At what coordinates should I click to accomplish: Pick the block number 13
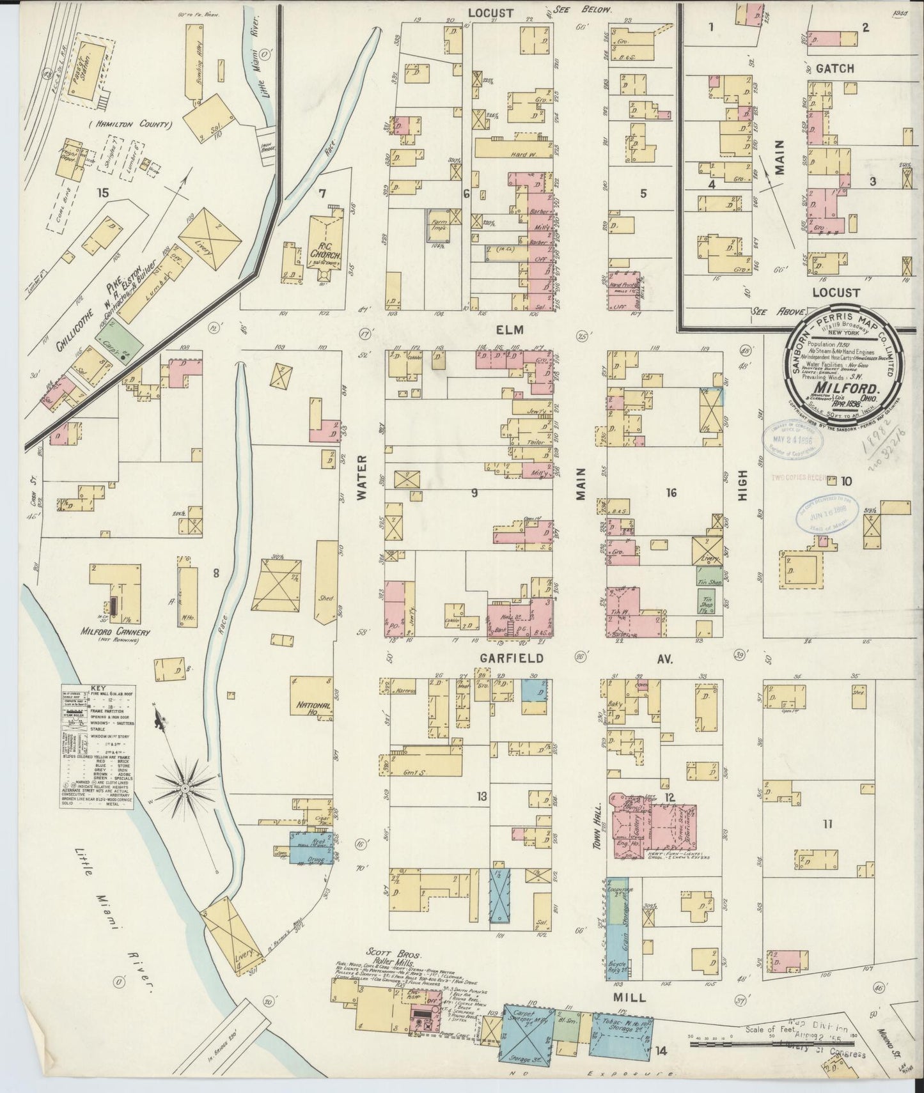coord(482,796)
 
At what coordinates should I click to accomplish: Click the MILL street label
coord(630,997)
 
